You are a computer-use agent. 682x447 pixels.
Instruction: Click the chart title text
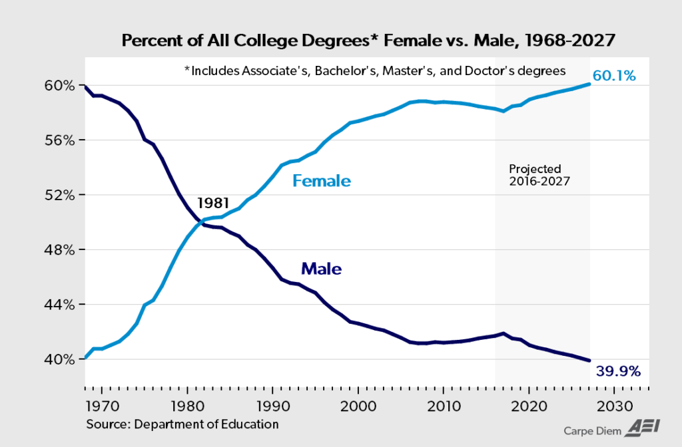coord(368,41)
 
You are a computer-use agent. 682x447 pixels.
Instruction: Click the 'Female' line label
coord(322,181)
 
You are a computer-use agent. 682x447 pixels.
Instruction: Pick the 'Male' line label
coord(321,269)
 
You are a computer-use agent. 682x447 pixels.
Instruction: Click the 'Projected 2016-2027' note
coord(539,174)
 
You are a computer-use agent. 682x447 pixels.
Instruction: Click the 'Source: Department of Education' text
coord(182,424)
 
